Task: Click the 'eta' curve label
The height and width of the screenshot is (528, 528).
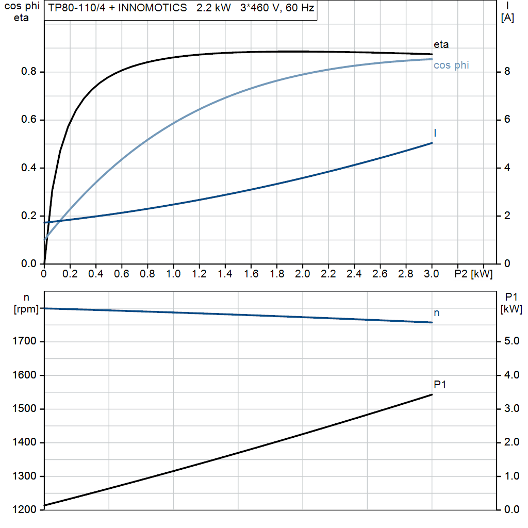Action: click(x=441, y=45)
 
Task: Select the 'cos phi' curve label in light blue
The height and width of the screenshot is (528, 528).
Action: click(x=451, y=65)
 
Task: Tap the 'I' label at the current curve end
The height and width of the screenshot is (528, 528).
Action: click(x=435, y=133)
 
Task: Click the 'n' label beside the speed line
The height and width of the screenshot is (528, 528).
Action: click(x=437, y=313)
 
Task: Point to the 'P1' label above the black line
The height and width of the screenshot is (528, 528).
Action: click(x=440, y=385)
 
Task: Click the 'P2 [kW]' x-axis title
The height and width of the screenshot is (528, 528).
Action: click(x=473, y=273)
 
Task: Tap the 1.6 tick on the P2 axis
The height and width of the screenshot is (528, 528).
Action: click(x=251, y=273)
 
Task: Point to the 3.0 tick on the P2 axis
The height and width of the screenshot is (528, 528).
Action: click(x=432, y=273)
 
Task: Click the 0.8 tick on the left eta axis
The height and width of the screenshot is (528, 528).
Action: click(x=28, y=72)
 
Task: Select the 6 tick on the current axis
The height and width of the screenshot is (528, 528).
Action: click(x=507, y=120)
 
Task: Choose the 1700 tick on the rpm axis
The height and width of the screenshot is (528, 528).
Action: click(x=25, y=341)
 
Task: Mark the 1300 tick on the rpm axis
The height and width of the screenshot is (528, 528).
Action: click(x=25, y=476)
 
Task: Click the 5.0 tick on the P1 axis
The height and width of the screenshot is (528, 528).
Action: click(x=511, y=341)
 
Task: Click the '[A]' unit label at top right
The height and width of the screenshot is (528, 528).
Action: click(x=508, y=19)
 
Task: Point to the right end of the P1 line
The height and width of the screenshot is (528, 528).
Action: click(x=432, y=395)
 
